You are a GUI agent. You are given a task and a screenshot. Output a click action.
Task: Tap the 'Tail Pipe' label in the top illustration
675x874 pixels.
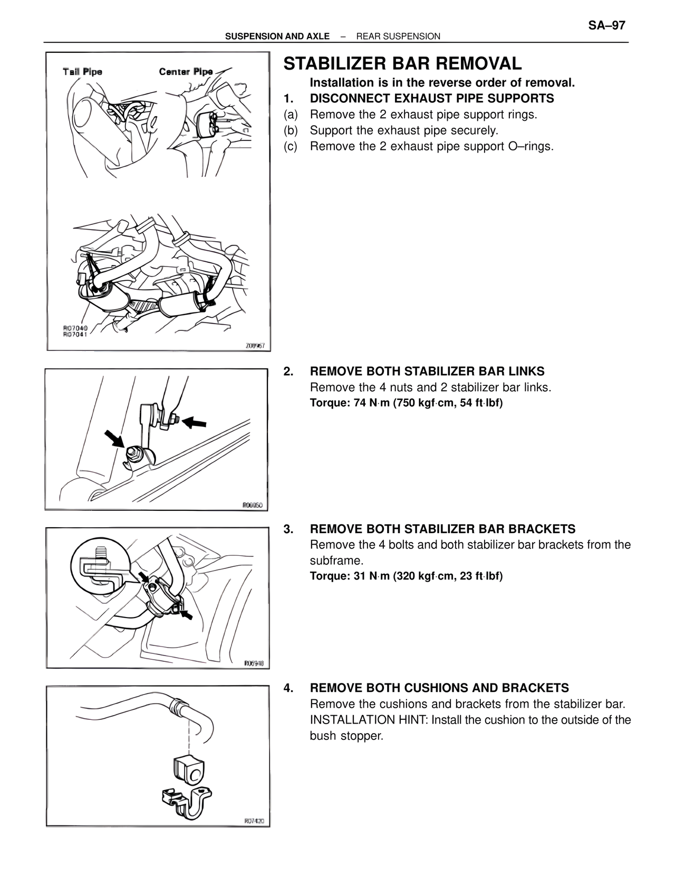(x=82, y=72)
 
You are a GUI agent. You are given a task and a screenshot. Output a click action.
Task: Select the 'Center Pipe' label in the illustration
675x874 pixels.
(x=186, y=72)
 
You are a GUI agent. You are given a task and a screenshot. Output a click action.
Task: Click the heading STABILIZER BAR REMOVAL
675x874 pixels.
(x=402, y=64)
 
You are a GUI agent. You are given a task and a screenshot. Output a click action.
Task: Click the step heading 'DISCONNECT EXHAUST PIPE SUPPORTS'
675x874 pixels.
(x=431, y=99)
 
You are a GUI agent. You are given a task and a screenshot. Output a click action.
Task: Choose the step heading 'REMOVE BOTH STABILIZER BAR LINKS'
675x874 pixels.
(x=427, y=372)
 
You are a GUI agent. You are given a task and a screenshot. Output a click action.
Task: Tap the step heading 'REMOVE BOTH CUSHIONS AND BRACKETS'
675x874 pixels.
(x=439, y=688)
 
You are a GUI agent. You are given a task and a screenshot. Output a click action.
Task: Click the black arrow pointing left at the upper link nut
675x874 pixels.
(x=196, y=422)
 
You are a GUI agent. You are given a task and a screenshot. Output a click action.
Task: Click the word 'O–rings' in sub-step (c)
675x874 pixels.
(x=531, y=147)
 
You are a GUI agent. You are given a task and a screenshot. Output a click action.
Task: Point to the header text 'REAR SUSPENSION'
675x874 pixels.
(x=398, y=36)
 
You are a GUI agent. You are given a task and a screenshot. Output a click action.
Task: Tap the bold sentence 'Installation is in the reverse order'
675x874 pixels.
(x=442, y=83)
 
